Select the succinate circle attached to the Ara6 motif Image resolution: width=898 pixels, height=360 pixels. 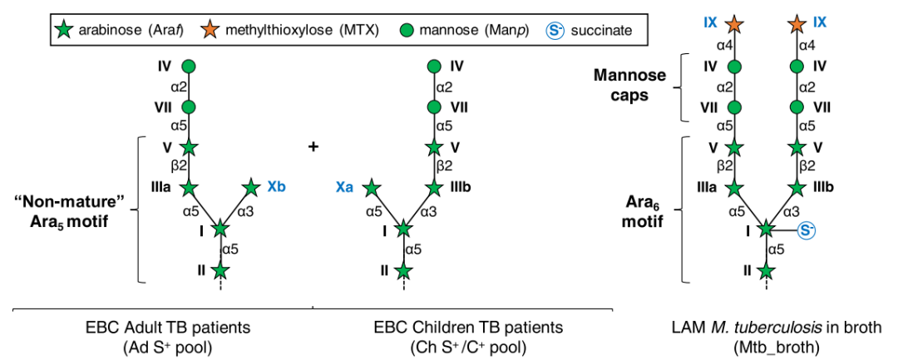click(x=806, y=230)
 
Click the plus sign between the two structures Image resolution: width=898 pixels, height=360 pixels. click(x=313, y=147)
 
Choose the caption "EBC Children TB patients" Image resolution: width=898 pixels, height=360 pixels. click(x=471, y=325)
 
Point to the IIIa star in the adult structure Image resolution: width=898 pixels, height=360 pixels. click(x=189, y=188)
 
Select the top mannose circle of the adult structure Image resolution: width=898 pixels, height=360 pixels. click(x=189, y=66)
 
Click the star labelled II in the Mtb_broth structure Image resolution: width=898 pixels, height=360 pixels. click(x=766, y=270)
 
